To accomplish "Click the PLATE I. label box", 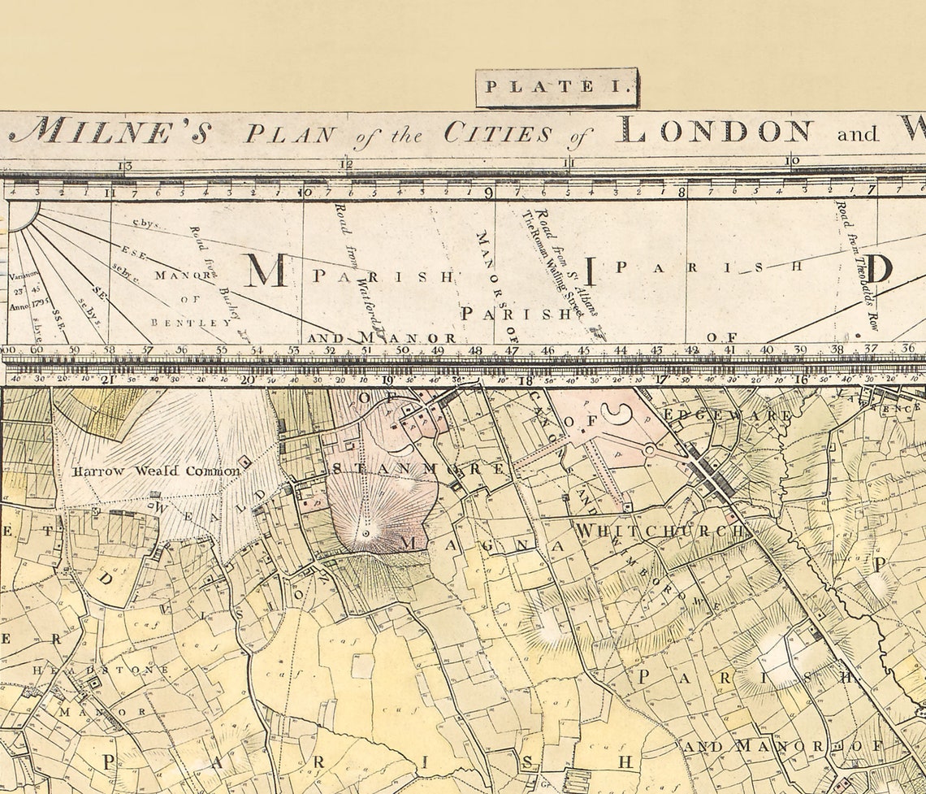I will tap(557, 88).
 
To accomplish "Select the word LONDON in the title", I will tap(714, 131).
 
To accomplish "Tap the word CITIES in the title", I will tap(498, 132).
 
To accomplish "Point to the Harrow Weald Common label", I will tap(156, 471).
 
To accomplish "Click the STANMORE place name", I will tap(419, 469).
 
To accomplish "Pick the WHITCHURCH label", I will tap(660, 531).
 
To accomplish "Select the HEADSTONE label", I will tap(101, 670).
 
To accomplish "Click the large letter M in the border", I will tap(265, 270).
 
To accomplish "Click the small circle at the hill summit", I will tap(366, 533).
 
